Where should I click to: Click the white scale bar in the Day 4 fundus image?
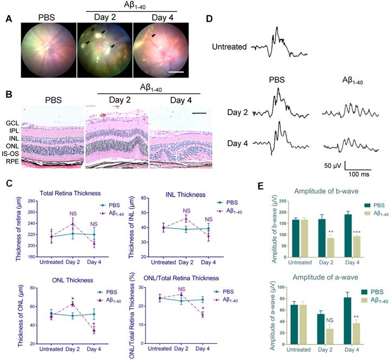[x=176, y=71]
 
